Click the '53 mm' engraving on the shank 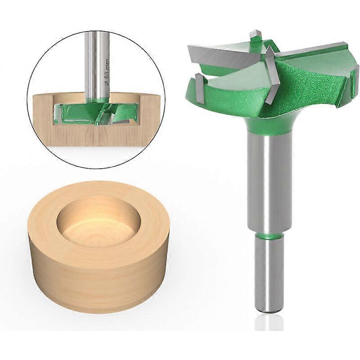(107, 70)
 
